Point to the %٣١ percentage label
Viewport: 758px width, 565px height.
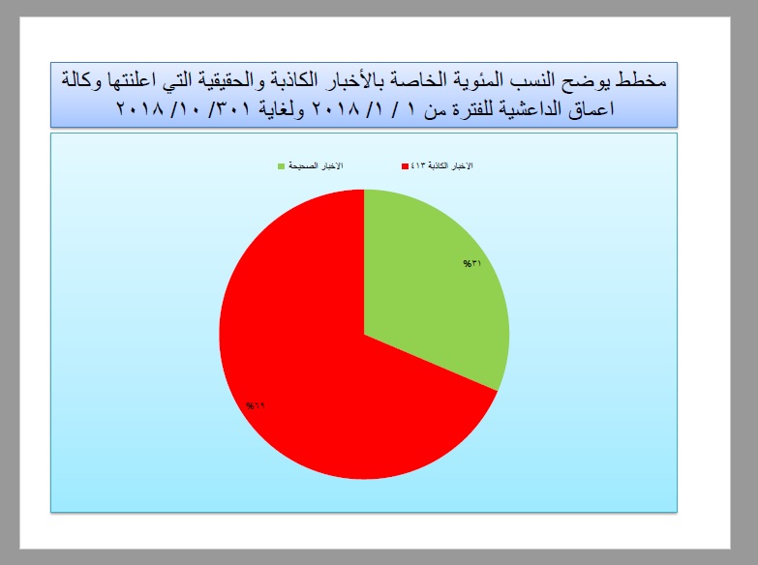472,263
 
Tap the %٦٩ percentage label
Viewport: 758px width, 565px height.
256,405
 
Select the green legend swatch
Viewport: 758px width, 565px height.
281,166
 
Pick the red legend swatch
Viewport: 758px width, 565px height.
405,166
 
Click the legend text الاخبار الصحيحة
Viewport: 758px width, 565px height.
316,165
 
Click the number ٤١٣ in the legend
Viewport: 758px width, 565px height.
417,165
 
